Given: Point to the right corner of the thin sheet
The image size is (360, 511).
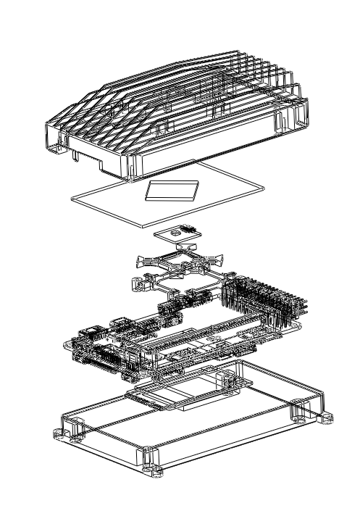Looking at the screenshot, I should (x=262, y=188).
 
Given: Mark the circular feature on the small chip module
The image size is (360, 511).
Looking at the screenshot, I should (x=174, y=233).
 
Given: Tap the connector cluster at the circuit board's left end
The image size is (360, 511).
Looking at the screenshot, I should (x=94, y=344).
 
